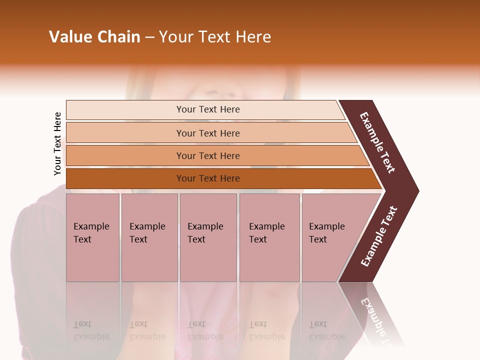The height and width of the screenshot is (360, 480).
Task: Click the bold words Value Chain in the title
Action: pos(94,37)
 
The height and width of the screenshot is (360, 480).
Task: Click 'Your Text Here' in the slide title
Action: pos(215,37)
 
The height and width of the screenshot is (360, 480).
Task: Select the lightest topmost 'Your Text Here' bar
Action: pos(207,109)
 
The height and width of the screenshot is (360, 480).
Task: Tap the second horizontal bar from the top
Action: pos(207,133)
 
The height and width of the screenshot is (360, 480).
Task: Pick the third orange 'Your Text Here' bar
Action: pos(207,155)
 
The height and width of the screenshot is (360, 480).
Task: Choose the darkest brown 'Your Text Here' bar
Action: pos(207,178)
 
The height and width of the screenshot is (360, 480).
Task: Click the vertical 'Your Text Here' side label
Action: pos(57,143)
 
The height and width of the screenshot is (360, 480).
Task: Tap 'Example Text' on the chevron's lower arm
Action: pos(379,236)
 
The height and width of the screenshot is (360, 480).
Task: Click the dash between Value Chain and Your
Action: pos(149,37)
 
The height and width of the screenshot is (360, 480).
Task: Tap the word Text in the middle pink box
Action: pos(196,239)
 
